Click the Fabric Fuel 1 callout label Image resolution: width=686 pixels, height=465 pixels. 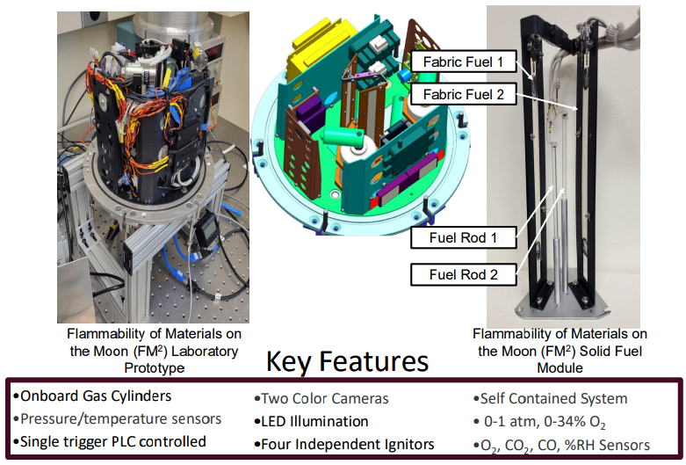tap(464, 62)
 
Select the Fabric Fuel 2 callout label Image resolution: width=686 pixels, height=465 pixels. tap(464, 95)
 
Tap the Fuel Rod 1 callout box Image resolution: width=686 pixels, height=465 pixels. tap(463, 237)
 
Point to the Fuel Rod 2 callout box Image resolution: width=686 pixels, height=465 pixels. tap(463, 275)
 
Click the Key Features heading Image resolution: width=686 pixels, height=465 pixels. tap(347, 362)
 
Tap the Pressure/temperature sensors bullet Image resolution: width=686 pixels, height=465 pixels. tap(117, 419)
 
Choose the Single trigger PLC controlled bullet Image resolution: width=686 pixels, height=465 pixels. tap(110, 442)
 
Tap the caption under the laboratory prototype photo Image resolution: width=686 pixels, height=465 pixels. tap(154, 350)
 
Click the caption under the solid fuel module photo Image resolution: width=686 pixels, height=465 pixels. tap(560, 350)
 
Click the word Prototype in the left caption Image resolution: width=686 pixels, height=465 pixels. tap(154, 367)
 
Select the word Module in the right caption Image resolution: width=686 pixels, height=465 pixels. tap(560, 367)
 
